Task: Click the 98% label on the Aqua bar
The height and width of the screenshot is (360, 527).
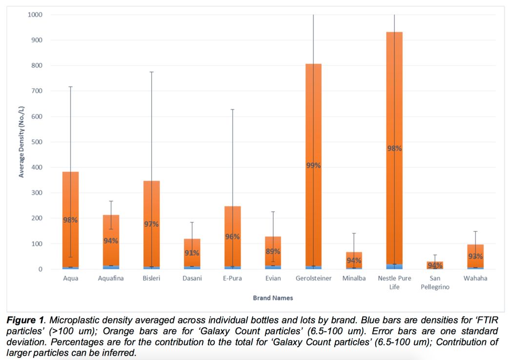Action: pos(70,220)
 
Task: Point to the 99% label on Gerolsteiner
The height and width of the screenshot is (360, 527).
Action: pos(313,166)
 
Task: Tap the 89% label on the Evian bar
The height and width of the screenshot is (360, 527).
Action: pos(273,252)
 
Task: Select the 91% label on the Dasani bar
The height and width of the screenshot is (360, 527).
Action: pos(192,253)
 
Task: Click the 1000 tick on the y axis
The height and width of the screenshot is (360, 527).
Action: pos(35,15)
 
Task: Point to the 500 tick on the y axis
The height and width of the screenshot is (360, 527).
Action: pos(37,142)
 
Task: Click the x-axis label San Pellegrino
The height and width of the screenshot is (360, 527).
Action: pos(435,282)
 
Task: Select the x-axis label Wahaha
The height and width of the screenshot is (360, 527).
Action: pos(475,279)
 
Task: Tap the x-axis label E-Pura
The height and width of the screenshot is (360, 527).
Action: pos(232,279)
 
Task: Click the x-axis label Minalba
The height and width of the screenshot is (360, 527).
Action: pos(354,279)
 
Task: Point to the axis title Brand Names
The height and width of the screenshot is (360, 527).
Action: pos(273,298)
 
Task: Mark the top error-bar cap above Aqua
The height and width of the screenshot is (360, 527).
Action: pos(70,87)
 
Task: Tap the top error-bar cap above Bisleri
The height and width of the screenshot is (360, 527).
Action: pos(151,72)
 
